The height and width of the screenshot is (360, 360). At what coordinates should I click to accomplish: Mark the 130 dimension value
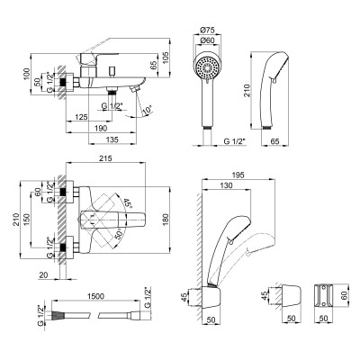[225, 184]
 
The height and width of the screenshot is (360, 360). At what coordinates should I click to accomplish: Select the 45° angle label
[128, 204]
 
